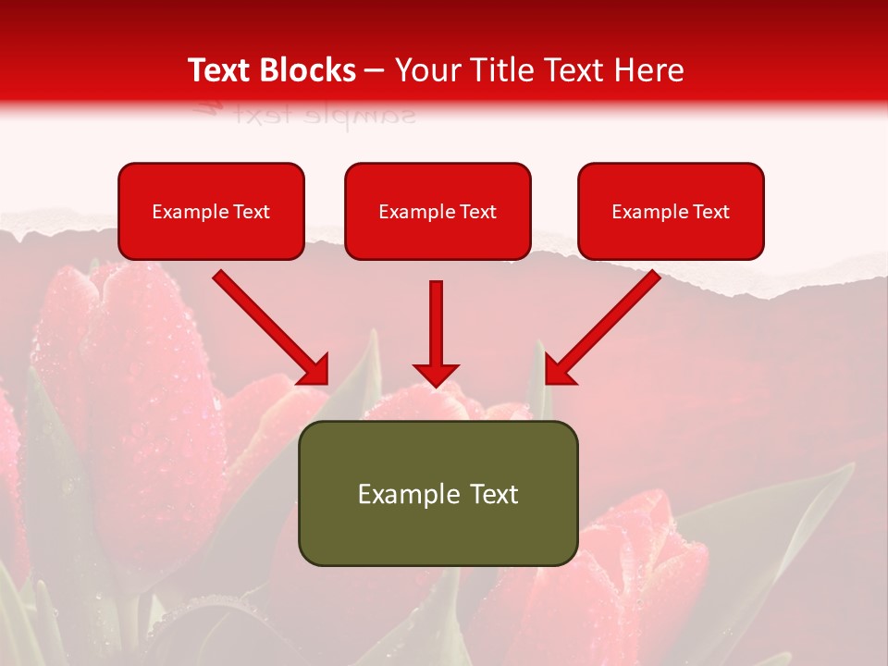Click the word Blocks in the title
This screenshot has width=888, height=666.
pyautogui.click(x=311, y=70)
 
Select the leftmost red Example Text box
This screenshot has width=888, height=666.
pyautogui.click(x=211, y=212)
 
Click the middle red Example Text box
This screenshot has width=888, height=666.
pyautogui.click(x=438, y=212)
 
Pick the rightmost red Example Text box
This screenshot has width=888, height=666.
pyautogui.click(x=671, y=212)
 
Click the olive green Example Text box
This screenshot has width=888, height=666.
pyautogui.click(x=438, y=493)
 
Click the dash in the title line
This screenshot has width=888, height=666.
pyautogui.click(x=375, y=70)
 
